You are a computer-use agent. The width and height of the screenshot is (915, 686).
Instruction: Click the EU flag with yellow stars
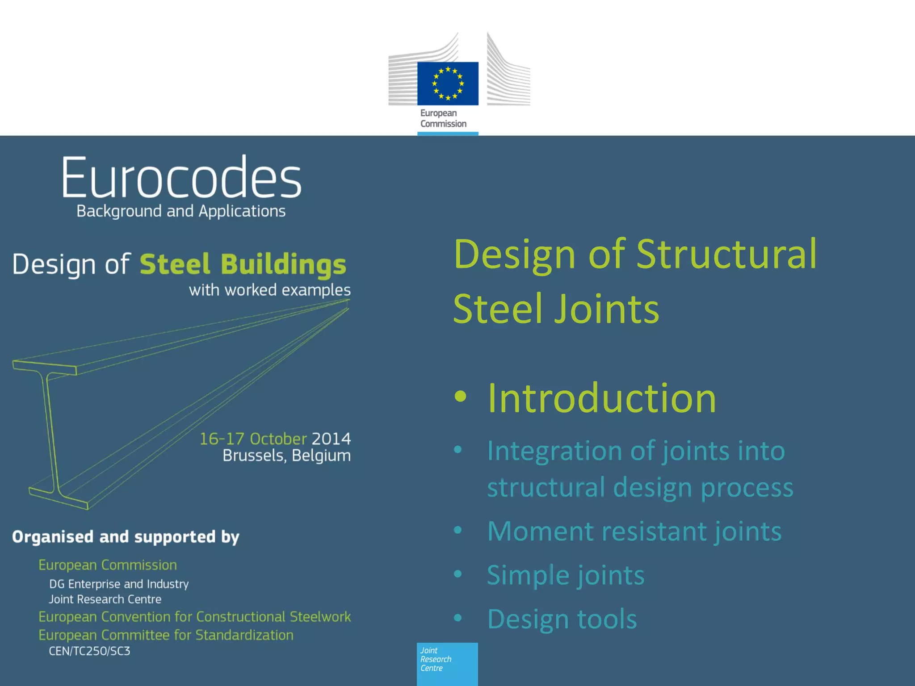pyautogui.click(x=448, y=84)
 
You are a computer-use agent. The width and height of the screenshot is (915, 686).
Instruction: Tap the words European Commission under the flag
pyautogui.click(x=443, y=118)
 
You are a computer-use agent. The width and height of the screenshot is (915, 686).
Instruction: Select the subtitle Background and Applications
pyautogui.click(x=181, y=211)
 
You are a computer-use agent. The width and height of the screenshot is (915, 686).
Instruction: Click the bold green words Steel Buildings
pyautogui.click(x=243, y=264)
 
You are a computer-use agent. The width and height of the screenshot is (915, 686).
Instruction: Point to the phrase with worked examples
pyautogui.click(x=269, y=290)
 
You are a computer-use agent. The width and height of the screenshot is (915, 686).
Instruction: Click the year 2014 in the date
pyautogui.click(x=331, y=439)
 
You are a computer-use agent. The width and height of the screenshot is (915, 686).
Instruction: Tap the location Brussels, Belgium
pyautogui.click(x=286, y=456)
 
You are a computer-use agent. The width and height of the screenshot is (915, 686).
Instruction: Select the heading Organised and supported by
pyautogui.click(x=126, y=536)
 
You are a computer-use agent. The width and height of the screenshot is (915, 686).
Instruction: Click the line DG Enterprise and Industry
pyautogui.click(x=119, y=584)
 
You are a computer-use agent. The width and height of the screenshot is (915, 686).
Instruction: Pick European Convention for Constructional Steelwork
pyautogui.click(x=194, y=617)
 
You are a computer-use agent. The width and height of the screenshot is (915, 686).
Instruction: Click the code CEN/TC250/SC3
pyautogui.click(x=89, y=651)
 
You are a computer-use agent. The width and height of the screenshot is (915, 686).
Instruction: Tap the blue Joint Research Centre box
pyautogui.click(x=447, y=663)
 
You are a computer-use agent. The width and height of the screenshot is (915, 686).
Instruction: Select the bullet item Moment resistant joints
pyautogui.click(x=634, y=531)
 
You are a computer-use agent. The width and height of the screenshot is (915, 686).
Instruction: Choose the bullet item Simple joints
pyautogui.click(x=565, y=575)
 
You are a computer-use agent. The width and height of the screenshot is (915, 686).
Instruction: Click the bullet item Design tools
pyautogui.click(x=562, y=619)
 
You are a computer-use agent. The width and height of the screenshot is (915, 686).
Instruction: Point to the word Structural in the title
pyautogui.click(x=726, y=254)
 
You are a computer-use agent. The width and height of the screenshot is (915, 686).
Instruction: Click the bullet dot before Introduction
pyautogui.click(x=460, y=397)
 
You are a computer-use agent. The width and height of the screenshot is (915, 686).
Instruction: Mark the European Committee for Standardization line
pyautogui.click(x=166, y=635)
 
